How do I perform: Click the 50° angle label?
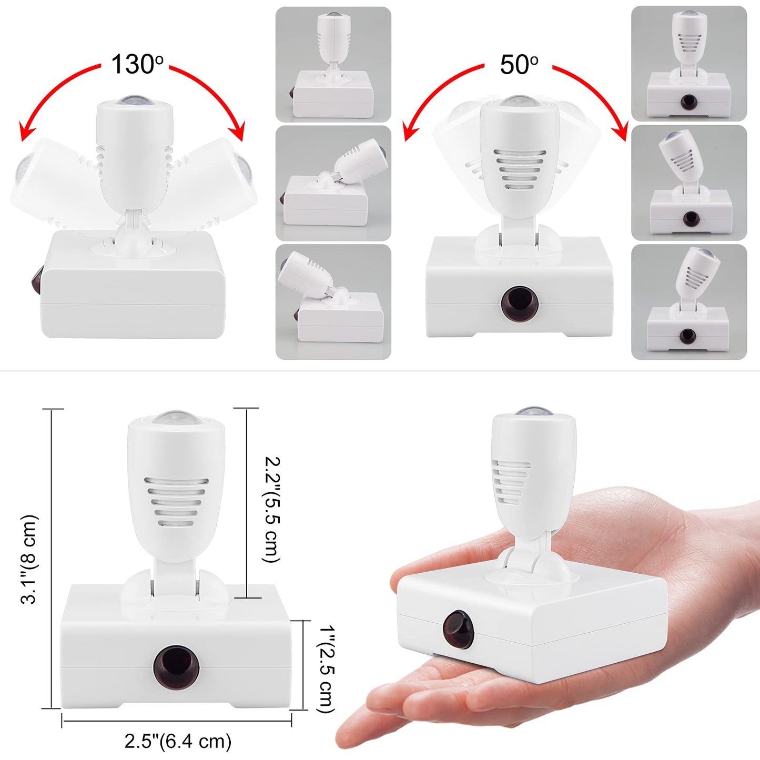point(518,64)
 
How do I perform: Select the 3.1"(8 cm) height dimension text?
point(30,559)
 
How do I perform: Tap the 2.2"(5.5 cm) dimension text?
point(271,510)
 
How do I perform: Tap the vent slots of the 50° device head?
point(520,170)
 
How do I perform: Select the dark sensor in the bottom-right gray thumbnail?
point(687,336)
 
